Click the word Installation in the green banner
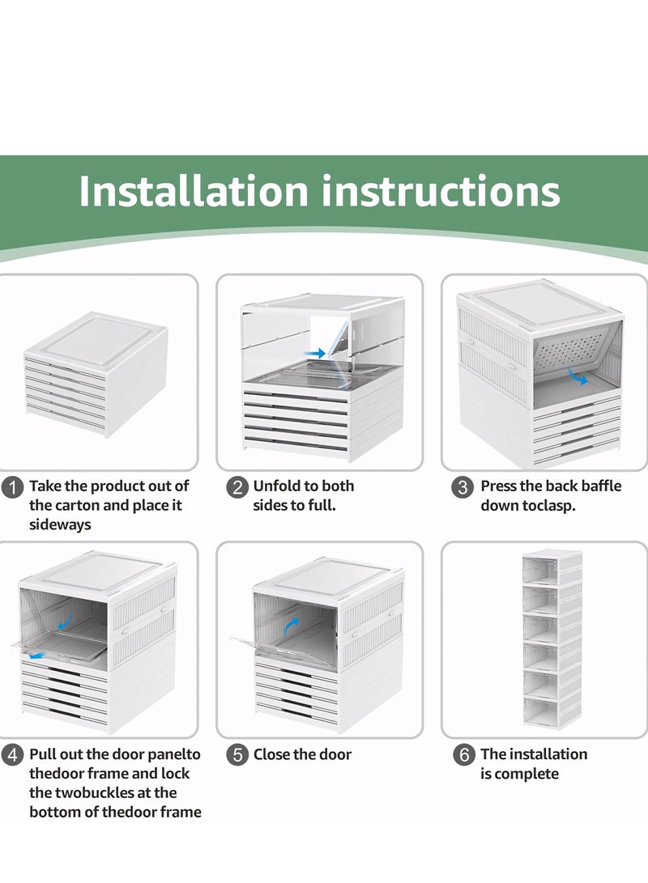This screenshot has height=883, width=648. click(194, 191)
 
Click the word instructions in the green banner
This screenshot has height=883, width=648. click(441, 191)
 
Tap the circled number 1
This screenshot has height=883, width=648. click(12, 487)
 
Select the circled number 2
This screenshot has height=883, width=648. click(237, 487)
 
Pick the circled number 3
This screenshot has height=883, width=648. click(463, 487)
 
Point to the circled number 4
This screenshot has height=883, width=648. click(12, 755)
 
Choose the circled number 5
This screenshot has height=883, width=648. click(237, 755)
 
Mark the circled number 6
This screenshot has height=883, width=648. click(464, 755)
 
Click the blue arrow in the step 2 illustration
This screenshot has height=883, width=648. click(314, 354)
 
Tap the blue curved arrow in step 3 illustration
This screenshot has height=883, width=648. click(578, 376)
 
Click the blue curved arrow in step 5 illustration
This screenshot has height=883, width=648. click(292, 626)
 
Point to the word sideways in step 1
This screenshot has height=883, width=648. click(60, 524)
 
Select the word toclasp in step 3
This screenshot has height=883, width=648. click(548, 506)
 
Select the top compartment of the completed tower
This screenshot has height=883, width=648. click(552, 567)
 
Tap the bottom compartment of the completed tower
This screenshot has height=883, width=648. click(552, 711)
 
